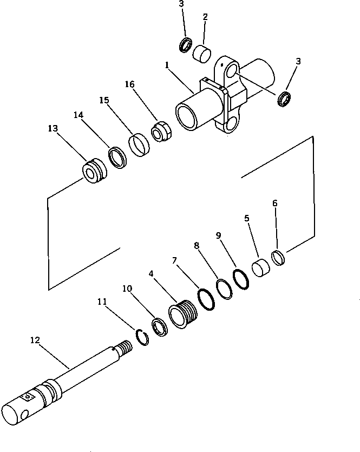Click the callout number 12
tap(35, 340)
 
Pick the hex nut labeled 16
tap(161, 132)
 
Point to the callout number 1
tap(168, 65)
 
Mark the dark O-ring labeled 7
tap(207, 299)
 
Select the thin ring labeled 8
tap(224, 289)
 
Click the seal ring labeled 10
tap(160, 328)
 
